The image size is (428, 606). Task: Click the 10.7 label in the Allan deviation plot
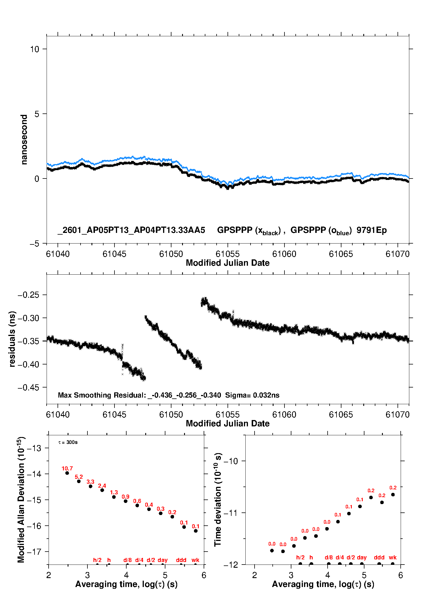[x=67, y=468]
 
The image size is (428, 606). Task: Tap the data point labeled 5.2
[x=79, y=481]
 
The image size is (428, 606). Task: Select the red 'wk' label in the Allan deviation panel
[x=195, y=560]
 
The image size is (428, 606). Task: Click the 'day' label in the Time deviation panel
[x=362, y=557]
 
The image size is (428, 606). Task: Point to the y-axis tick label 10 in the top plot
[x=35, y=49]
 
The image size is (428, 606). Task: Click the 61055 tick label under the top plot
[x=228, y=254]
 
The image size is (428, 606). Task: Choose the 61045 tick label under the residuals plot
[x=114, y=415]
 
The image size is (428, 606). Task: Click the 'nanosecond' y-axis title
[x=24, y=139]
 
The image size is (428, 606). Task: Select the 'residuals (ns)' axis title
[x=12, y=339]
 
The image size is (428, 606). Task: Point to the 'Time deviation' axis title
[x=218, y=499]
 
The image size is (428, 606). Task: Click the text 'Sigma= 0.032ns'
[x=252, y=395]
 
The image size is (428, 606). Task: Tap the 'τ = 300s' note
[x=68, y=442]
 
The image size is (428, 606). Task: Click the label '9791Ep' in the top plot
[x=372, y=230]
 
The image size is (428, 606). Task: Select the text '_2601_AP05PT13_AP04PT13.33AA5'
[x=131, y=230]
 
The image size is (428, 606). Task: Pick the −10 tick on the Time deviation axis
[x=231, y=461]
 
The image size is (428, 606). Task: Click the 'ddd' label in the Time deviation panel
[x=379, y=557]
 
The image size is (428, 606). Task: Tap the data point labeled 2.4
[x=102, y=490]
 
